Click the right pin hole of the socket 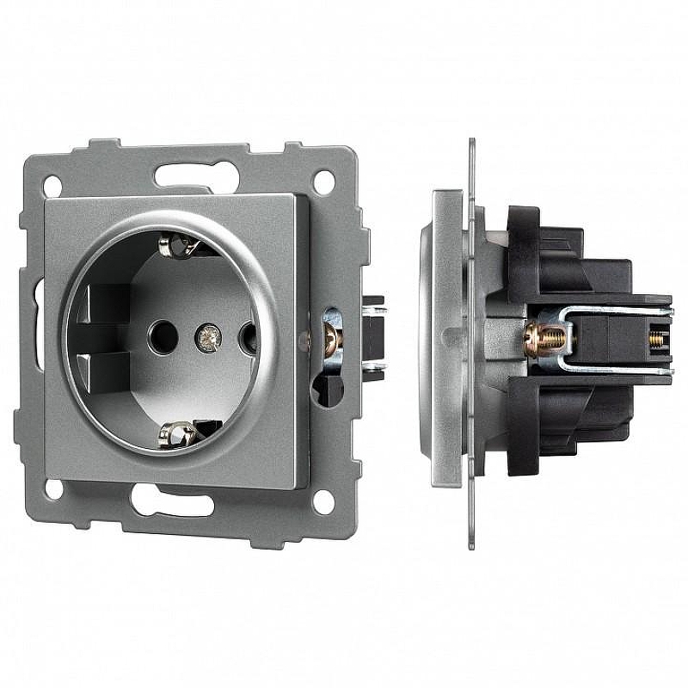[248, 336]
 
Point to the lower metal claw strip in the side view [602, 371]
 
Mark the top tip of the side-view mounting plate [471, 141]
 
